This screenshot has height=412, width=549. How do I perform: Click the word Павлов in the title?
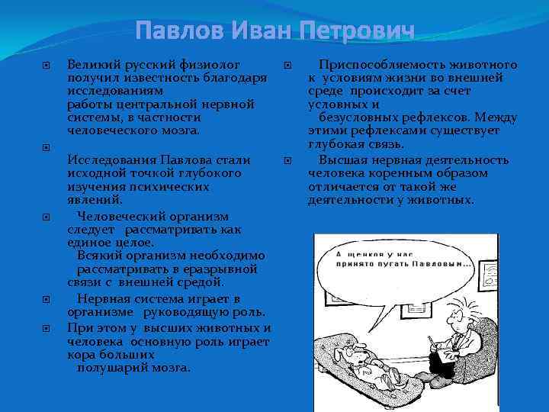tap(180, 32)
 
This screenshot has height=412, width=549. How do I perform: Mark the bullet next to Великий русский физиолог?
tap(47, 66)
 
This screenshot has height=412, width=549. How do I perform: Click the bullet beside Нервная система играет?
tap(47, 299)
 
